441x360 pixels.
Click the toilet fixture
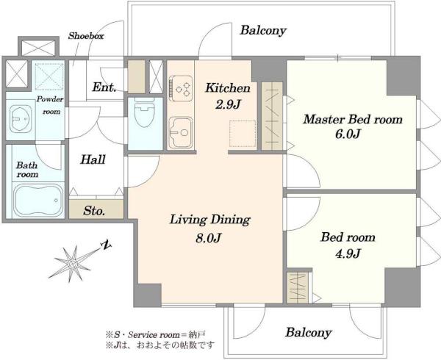(144, 112)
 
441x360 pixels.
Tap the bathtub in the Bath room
(39, 200)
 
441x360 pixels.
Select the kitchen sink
(181, 132)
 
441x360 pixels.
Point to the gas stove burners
(181, 88)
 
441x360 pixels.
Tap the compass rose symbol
(73, 264)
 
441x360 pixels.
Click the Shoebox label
(86, 36)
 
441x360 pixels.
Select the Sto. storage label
(95, 211)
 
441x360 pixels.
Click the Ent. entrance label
(104, 87)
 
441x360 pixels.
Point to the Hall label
(93, 159)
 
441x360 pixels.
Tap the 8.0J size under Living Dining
(209, 238)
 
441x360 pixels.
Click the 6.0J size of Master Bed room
(348, 134)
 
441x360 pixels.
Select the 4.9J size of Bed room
(348, 253)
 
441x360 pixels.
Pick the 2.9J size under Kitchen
(228, 104)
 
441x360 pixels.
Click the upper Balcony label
(263, 30)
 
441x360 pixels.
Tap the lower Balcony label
(309, 333)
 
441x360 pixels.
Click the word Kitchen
(228, 88)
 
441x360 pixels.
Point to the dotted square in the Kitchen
(243, 134)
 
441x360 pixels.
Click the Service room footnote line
(155, 335)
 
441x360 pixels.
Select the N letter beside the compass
(107, 245)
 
